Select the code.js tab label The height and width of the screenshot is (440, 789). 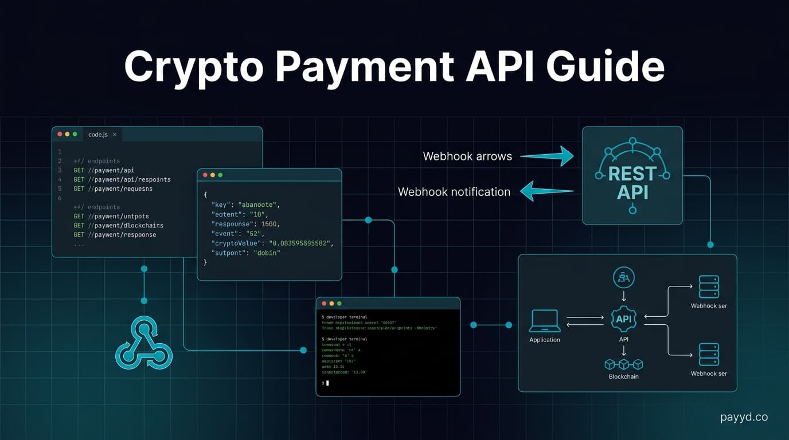pos(97,135)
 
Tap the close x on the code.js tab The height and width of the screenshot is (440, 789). pos(115,135)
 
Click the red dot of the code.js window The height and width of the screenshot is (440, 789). pos(60,134)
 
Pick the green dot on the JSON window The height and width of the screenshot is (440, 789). pos(220,175)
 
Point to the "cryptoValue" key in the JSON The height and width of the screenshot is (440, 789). pos(236,243)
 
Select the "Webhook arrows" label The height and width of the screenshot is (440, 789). pos(467,156)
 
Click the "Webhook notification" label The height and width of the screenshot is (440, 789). pos(454,192)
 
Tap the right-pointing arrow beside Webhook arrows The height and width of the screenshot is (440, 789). pos(547,156)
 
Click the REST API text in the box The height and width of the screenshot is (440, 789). pos(632,182)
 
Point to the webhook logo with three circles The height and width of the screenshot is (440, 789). pos(143,343)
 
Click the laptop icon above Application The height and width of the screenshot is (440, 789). pos(544,321)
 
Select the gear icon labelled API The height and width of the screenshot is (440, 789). pos(624,319)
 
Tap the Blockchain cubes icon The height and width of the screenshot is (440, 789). pos(624,364)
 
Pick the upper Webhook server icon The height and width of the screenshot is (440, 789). pos(709,286)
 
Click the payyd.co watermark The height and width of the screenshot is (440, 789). pos(744,417)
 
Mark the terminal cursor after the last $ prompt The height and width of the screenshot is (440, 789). pos(328,383)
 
